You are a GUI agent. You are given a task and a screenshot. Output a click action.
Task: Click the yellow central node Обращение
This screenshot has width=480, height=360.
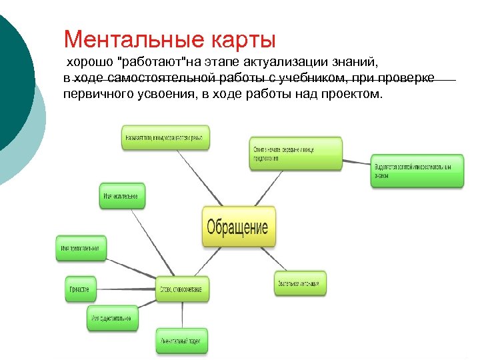coord(238,227)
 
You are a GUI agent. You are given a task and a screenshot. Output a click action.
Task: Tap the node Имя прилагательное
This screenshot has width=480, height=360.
coord(79,248)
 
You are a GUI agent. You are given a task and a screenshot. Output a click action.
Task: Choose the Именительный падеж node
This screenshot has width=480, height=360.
coord(182,340)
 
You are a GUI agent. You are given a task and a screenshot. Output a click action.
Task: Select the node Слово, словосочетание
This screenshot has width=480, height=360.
coord(184,289)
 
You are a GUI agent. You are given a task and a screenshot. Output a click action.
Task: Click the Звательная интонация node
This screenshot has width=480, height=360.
coord(301,283)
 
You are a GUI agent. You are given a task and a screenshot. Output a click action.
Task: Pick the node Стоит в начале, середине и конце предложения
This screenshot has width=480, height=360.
coord(296,153)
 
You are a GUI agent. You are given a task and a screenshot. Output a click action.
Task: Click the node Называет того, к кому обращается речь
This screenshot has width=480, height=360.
coord(166,137)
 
